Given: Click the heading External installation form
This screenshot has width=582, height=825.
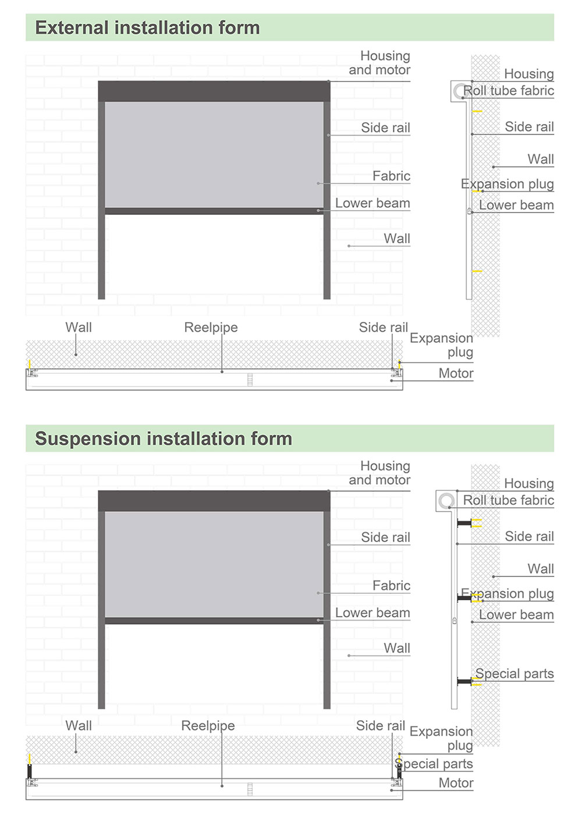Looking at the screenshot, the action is coord(147,28).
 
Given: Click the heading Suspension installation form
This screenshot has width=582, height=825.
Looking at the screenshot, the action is coord(164,438).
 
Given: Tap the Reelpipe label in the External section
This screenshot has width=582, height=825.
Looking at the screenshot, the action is coord(211,327).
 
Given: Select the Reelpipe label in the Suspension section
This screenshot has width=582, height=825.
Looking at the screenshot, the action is coord(208,725).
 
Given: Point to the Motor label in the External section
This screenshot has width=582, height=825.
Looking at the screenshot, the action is coord(456,373).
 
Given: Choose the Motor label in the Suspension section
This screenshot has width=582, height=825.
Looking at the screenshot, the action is coord(456,782).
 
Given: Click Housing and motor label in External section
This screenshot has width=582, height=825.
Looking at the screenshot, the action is coord(379,63).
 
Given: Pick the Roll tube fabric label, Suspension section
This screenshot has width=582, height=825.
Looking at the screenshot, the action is coord(508,500).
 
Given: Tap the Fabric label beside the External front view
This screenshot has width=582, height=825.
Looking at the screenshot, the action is coord(391,176).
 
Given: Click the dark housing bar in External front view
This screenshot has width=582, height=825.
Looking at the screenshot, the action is coord(214,91).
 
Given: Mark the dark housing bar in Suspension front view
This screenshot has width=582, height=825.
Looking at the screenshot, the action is coord(214,501).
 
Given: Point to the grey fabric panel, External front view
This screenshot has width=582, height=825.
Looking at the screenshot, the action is coord(214,155).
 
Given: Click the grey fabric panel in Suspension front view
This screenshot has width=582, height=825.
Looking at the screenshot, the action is coord(214,564).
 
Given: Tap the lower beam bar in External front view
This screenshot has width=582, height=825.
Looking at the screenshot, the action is coord(214,211).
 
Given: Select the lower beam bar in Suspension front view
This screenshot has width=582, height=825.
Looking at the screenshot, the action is coord(214,621).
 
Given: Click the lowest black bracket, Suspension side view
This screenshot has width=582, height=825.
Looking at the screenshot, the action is coord(464,681).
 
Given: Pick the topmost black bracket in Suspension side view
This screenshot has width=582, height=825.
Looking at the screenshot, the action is coord(464,523).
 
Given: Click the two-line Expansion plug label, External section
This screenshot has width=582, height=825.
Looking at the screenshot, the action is coord(441,345).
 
